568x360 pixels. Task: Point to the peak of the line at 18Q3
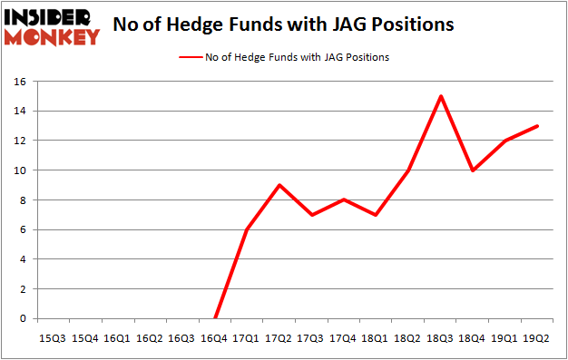pos(440,96)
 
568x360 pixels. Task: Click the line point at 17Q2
pos(279,185)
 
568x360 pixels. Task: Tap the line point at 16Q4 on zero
pos(215,318)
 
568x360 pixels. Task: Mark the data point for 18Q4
pos(472,170)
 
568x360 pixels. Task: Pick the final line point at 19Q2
pos(536,126)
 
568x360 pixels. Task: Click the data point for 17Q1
pos(247,229)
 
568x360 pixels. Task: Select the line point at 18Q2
pos(408,170)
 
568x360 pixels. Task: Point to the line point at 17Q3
pos(311,215)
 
